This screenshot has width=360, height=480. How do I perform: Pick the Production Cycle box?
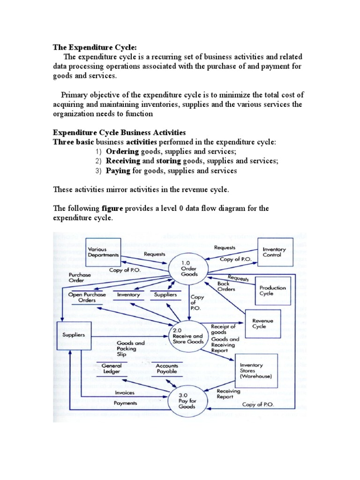pos(272,291)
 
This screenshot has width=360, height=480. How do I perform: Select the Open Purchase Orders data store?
pos(87,297)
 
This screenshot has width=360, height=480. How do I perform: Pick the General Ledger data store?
pos(111,368)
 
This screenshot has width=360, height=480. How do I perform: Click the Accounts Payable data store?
pos(167,368)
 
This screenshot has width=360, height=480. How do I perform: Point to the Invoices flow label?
pos(124,393)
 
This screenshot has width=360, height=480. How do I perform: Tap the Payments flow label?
pos(125,403)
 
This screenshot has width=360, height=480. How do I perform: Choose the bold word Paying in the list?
pos(118,171)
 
